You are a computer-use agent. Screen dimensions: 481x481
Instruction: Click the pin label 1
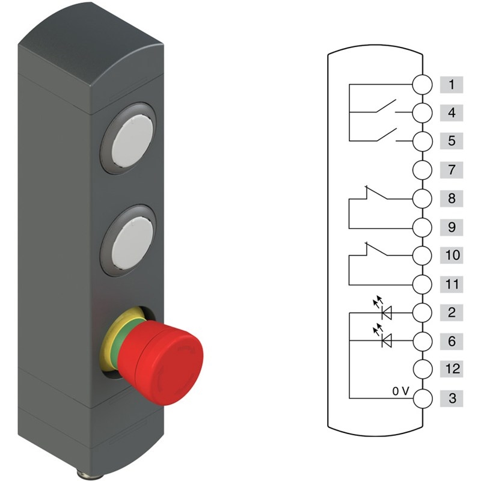coord(452,85)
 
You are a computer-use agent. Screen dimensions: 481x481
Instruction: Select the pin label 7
coord(452,170)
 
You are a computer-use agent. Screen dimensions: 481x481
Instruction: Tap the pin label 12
coord(452,369)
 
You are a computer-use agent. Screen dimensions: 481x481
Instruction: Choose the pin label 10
coord(452,255)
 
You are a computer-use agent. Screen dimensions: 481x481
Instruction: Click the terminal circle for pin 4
coord(423,113)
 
